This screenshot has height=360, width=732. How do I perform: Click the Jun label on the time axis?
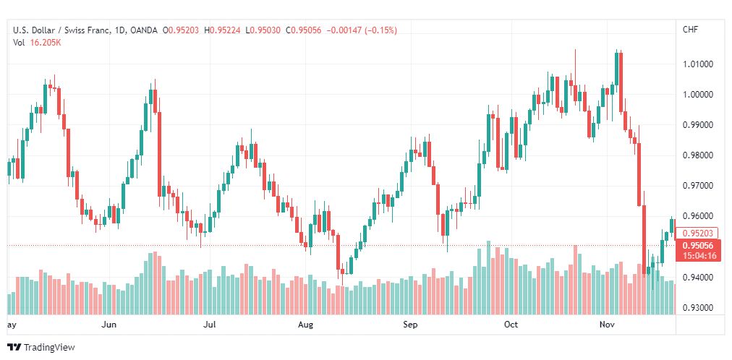[108, 325]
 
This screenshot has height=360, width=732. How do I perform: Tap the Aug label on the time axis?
[306, 325]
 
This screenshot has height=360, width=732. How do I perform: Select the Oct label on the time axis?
[511, 325]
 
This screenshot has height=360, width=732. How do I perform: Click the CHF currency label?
[691, 30]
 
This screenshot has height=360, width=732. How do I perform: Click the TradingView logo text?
[49, 348]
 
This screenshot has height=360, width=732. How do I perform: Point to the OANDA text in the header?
[144, 30]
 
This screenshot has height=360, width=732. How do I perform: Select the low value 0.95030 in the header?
[265, 30]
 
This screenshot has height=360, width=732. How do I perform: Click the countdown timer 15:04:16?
[699, 256]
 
